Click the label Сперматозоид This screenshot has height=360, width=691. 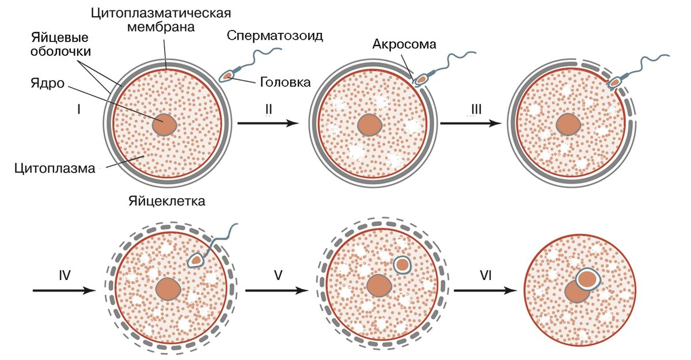coord(275,36)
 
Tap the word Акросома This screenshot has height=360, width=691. coord(405,44)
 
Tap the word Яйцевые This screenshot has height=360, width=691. coord(59,38)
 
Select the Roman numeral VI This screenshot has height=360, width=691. coord(485,275)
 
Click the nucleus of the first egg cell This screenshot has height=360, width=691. coord(165,124)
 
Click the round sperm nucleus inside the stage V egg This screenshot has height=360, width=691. coord(403,264)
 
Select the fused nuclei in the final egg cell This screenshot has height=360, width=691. coord(582,286)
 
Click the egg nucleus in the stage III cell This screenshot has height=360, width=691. coord(569,124)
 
